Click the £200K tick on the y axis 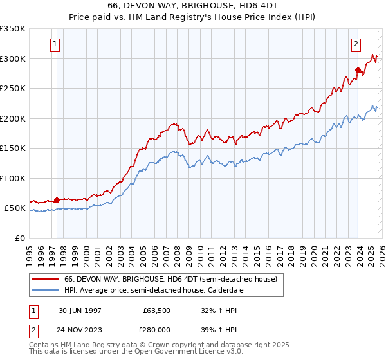point(13,118)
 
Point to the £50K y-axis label point(15,208)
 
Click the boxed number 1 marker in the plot point(55,44)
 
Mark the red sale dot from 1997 point(57,200)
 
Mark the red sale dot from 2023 point(358,70)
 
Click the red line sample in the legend point(46,280)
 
